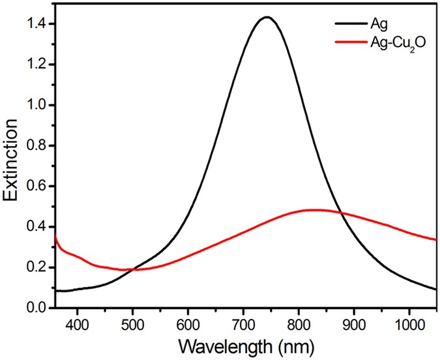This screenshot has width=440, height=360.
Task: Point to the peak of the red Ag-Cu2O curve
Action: (x=314, y=210)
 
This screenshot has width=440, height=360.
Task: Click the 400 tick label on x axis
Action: (x=77, y=323)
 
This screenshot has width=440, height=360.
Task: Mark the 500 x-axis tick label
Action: (x=132, y=323)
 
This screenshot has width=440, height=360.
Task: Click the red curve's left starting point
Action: (x=55, y=233)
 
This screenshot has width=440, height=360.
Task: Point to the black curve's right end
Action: (x=436, y=289)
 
